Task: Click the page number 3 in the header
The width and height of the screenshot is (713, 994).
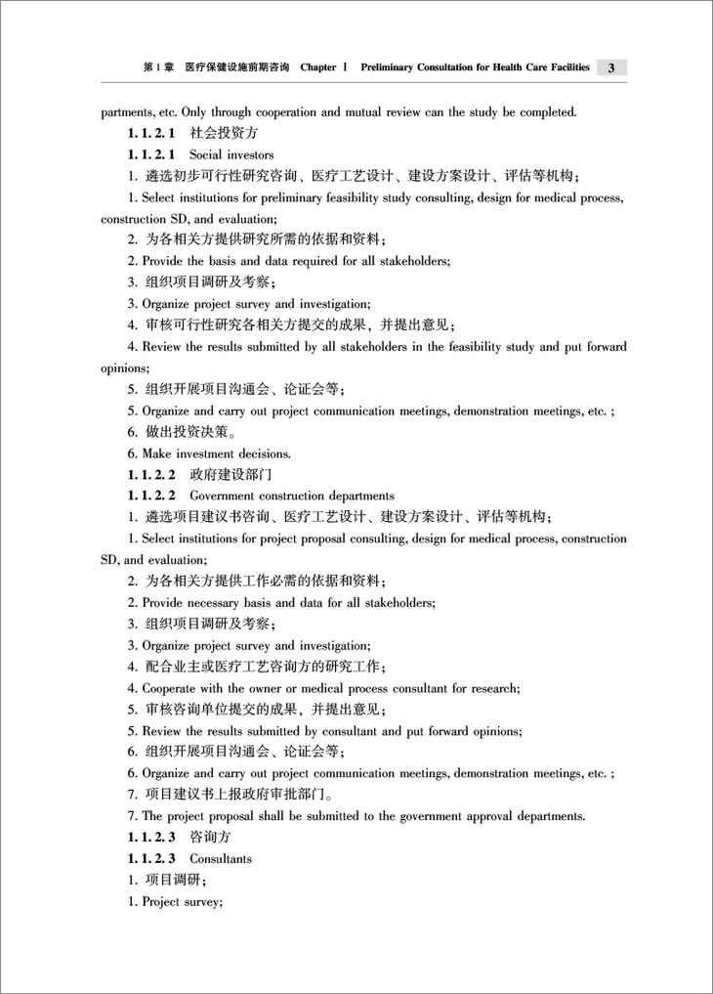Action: (x=609, y=67)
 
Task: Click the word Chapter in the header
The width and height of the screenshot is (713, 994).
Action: (x=318, y=67)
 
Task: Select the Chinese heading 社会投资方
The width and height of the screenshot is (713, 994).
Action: (x=224, y=134)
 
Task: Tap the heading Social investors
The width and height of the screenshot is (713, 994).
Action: (x=231, y=155)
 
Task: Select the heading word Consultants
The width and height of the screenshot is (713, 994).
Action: (x=221, y=859)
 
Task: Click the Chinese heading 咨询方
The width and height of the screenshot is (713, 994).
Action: (x=210, y=838)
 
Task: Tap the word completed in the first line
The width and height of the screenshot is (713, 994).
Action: (x=546, y=112)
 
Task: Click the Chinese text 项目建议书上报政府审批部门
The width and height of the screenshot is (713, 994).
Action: (x=238, y=795)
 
